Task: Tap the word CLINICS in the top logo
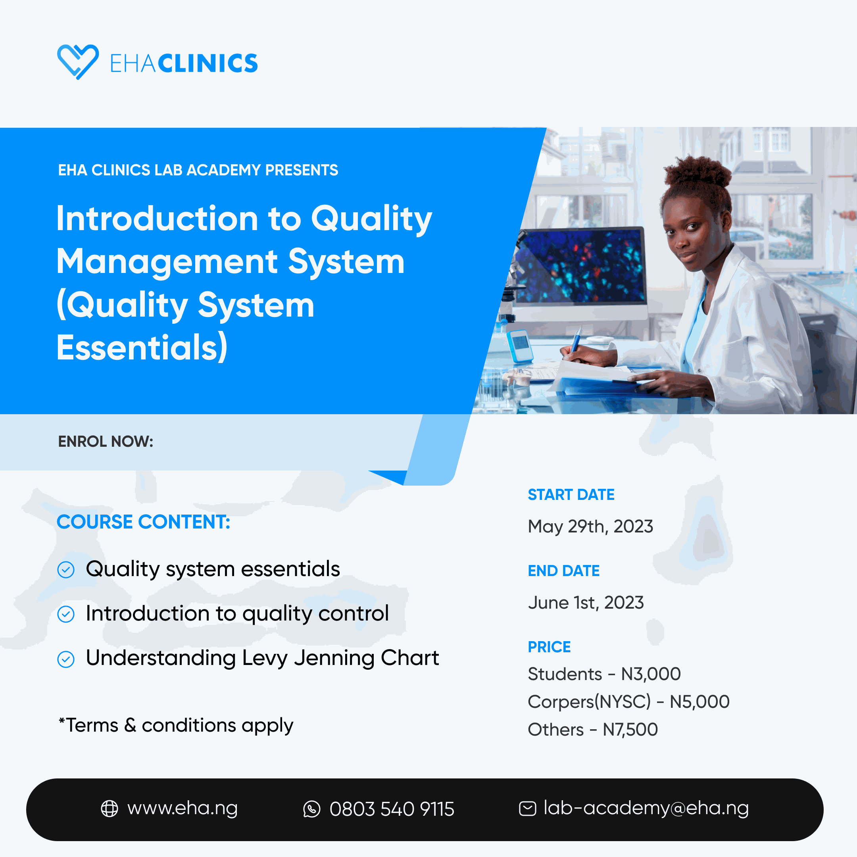click(208, 63)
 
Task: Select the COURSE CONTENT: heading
click(143, 522)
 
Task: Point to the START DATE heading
click(571, 495)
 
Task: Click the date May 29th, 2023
click(590, 526)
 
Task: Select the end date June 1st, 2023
click(586, 603)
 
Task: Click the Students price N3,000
click(650, 674)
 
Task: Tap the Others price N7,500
click(630, 730)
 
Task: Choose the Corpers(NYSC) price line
click(628, 702)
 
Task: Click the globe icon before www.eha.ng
click(110, 809)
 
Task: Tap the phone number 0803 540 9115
click(392, 809)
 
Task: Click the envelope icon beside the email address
click(527, 809)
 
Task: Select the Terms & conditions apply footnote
click(176, 725)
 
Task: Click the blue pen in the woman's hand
click(576, 340)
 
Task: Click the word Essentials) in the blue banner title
click(142, 348)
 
